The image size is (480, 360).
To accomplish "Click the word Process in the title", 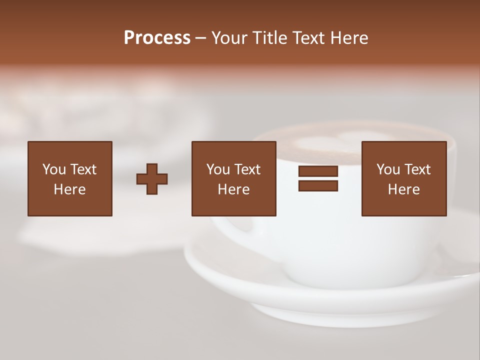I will [157, 38].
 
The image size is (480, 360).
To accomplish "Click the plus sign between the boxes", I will [152, 179].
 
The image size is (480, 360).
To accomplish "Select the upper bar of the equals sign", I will [318, 171].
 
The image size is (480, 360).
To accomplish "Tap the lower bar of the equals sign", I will [318, 186].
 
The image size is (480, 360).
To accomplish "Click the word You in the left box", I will [54, 169].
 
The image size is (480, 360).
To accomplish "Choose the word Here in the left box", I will [69, 189].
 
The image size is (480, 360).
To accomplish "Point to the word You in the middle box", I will [218, 169].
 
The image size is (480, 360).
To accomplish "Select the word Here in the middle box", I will [233, 189].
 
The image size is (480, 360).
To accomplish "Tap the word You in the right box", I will [388, 169].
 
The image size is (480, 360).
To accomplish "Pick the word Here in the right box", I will [403, 189].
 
